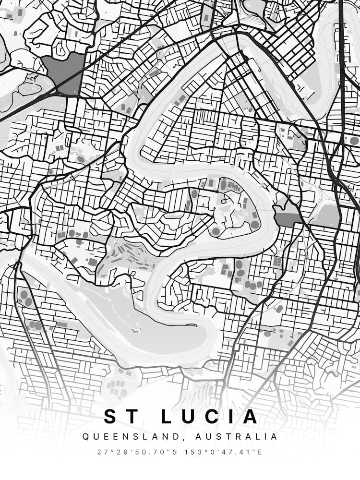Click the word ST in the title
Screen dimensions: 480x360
point(118,416)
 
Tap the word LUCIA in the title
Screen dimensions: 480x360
point(209,416)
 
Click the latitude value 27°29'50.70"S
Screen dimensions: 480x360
point(135,452)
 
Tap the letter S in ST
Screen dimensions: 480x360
point(110,416)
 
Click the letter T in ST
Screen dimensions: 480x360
point(126,416)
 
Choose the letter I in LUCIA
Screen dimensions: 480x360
point(228,416)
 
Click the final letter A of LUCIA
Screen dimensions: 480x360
point(249,416)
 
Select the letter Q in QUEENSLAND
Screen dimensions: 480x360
point(85,437)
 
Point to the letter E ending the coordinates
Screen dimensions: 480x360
point(261,452)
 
